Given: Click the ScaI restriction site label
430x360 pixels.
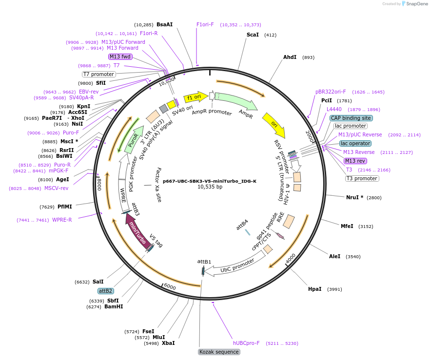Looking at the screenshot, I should (253, 35).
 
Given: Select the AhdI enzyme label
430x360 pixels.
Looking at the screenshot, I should (290, 57).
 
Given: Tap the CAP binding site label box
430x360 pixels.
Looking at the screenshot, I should (351, 118).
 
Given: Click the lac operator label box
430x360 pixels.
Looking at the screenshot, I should (355, 143).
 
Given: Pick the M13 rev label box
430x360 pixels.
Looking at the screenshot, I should (355, 161).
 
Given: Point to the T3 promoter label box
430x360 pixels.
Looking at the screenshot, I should (362, 178).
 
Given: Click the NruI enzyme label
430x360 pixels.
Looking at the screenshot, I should (354, 197).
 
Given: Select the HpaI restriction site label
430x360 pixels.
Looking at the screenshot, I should (314, 289).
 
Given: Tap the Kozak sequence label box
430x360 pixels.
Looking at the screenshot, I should (219, 352).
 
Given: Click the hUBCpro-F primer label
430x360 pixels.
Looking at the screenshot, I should (246, 343).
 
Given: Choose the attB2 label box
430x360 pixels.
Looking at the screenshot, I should (105, 291).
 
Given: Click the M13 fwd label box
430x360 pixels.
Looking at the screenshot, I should (120, 57).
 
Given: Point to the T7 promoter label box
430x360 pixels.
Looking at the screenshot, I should (98, 74).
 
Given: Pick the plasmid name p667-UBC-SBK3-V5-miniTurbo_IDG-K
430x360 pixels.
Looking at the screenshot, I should (209, 181).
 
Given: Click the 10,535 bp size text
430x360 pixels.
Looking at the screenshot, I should (210, 187).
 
